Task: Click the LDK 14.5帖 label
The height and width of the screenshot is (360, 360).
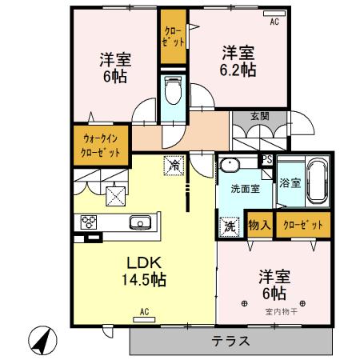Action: coord(143,271)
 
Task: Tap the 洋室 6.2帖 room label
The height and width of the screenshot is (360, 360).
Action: coord(238,62)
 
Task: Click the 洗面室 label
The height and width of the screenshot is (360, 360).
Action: coord(244,190)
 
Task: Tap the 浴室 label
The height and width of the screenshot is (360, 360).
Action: coord(290,183)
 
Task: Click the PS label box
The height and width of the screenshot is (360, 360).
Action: coord(267,159)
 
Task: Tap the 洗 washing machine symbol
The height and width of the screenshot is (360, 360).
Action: coord(230,226)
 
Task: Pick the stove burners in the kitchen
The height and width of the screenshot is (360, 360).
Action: coord(86,222)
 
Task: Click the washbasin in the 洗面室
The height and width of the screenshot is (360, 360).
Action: coord(230,167)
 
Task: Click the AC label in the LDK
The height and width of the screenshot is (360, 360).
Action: coord(145,311)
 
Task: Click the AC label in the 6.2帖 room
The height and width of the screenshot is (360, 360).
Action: coord(274,22)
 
